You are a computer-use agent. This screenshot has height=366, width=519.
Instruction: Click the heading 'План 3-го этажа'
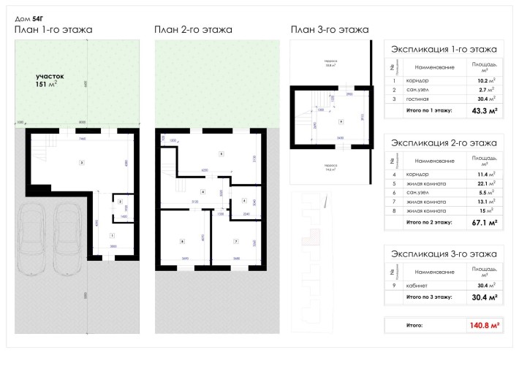click(329, 30)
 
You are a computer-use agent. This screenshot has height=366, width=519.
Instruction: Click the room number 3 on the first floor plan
click(82, 162)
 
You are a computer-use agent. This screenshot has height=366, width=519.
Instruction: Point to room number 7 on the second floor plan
click(236, 240)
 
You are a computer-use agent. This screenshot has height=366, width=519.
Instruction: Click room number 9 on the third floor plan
click(341, 121)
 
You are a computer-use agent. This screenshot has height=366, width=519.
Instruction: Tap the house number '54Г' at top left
click(39, 15)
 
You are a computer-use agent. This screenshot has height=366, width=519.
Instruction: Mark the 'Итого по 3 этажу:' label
click(428, 297)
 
